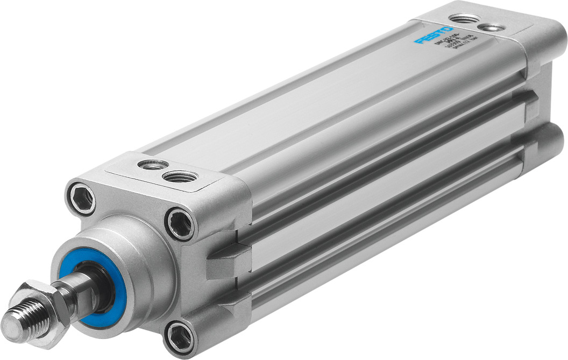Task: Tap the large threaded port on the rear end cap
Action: (x=464, y=19)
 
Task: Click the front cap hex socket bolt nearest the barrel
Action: (x=179, y=223)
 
